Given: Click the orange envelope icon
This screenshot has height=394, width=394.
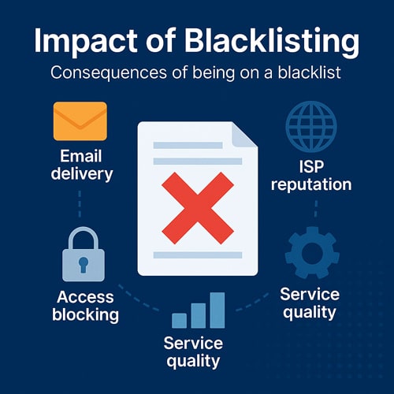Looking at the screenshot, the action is point(80,121).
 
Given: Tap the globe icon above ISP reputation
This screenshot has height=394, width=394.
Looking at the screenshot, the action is point(311,126).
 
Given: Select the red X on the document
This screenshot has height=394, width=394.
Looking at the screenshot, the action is point(198,208).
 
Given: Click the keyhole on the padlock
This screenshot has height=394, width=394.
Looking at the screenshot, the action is point(84,265).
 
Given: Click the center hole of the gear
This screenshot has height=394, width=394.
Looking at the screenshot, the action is point(312,253).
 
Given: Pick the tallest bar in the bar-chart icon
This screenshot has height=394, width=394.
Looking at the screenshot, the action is point(217,310).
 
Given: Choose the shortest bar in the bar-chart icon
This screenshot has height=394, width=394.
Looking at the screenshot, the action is point(179,321).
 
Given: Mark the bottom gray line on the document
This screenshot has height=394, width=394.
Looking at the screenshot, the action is point(198,255).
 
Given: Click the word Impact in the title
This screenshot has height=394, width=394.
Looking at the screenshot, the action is point(86,42).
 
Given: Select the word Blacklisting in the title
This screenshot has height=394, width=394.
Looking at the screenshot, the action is point(272,41).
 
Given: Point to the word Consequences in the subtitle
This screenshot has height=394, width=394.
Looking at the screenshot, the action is point(109,72).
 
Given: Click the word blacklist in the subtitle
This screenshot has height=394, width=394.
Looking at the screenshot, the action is point(310,72).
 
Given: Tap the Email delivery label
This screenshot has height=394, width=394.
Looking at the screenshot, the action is point(82,165).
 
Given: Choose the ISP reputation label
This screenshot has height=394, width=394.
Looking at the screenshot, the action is point(311,175).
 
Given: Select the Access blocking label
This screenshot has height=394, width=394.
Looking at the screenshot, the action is point(85,306).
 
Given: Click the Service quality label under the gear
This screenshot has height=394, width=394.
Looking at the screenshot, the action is point(310,303).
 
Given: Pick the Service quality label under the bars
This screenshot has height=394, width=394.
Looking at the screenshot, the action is point(193,352).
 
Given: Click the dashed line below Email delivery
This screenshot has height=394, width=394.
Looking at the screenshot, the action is point(80,204).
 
